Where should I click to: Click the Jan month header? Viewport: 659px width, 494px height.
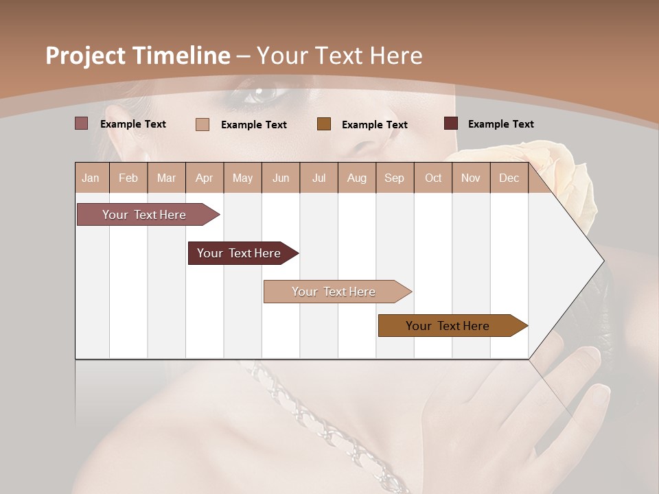click(91, 178)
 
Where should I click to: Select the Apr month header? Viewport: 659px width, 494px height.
click(205, 178)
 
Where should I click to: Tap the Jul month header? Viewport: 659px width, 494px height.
click(319, 178)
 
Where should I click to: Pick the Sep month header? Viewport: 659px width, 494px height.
click(395, 178)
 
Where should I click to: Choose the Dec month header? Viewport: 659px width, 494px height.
click(509, 178)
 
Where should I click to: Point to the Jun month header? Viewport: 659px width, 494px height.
click(281, 178)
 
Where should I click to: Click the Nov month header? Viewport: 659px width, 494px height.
click(471, 178)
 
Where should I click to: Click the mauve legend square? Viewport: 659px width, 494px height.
click(82, 123)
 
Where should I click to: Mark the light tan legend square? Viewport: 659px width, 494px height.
click(203, 124)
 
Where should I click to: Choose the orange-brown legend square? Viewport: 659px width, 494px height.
click(324, 124)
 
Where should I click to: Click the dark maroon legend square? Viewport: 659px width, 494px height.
click(451, 123)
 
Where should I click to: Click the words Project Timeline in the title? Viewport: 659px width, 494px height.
click(137, 56)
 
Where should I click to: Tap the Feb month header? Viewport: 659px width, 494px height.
click(128, 178)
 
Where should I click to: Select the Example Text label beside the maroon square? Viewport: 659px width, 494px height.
click(500, 124)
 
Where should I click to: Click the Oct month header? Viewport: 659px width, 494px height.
click(433, 178)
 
